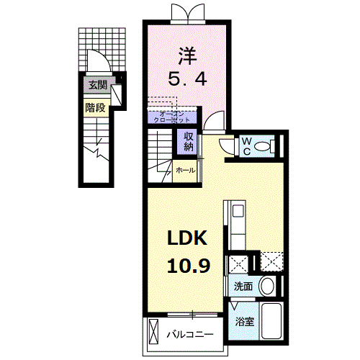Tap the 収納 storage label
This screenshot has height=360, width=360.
pos(189,141)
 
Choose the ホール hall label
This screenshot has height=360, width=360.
pos(185,171)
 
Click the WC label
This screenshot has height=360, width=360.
pos(246,145)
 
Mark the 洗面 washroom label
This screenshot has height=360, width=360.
pos(243,287)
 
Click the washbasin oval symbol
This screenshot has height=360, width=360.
pos(267,286)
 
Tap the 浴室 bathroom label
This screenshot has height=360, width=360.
pos(244,321)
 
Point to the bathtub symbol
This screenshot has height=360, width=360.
pos(272,321)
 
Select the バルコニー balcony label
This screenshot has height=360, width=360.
pos(190,335)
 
